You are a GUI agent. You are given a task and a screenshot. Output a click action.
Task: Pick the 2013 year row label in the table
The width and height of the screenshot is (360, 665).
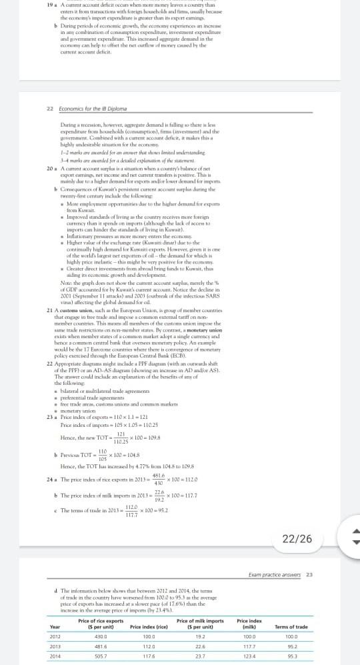point(55,646)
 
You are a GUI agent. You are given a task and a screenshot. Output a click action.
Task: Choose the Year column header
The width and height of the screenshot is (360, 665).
point(55,626)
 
